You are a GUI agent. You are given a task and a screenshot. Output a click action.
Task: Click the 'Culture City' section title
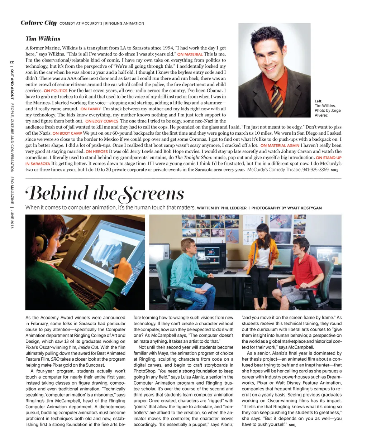pyautogui.click(x=39, y=23)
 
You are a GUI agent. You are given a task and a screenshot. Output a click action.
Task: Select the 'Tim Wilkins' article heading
pyautogui.click(x=43, y=39)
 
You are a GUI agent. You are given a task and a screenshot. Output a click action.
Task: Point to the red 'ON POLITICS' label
pyautogui.click(x=56, y=91)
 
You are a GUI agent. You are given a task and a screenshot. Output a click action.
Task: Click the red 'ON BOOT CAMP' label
pyautogui.click(x=67, y=133)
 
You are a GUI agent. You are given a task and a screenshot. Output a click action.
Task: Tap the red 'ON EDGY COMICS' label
pyautogui.click(x=102, y=121)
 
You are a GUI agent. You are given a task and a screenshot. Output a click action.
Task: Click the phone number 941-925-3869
pyautogui.click(x=315, y=169)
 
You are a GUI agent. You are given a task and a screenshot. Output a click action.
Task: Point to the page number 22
pyautogui.click(x=12, y=62)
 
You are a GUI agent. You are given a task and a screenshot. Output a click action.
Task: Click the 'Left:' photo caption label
pyautogui.click(x=319, y=101)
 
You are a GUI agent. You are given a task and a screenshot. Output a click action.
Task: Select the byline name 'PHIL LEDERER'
pyautogui.click(x=233, y=208)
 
